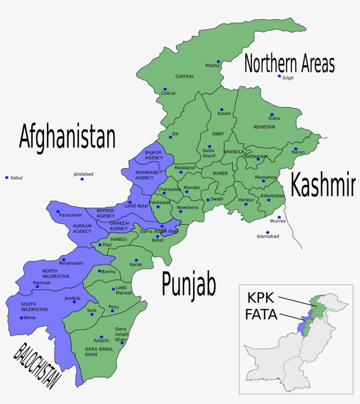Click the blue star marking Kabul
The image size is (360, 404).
(x=7, y=177)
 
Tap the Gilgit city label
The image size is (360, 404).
(x=288, y=78)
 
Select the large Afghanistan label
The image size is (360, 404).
(x=67, y=137)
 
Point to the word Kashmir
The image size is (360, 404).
(x=322, y=185)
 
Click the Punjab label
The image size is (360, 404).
(x=189, y=284)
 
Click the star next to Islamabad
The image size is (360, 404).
(x=267, y=232)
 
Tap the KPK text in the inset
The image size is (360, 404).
(x=260, y=298)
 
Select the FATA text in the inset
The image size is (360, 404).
(x=261, y=315)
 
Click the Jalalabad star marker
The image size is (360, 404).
(x=82, y=179)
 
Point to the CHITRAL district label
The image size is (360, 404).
(x=185, y=76)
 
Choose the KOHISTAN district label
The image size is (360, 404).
(x=264, y=127)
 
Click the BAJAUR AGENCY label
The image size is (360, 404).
(x=154, y=155)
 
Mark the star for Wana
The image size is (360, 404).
(x=21, y=318)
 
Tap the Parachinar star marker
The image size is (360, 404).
(x=58, y=211)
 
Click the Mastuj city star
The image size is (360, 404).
(x=218, y=62)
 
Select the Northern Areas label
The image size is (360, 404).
(x=289, y=64)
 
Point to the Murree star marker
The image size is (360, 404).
(x=279, y=217)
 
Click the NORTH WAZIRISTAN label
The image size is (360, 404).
(x=56, y=274)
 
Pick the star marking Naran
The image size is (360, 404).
(x=296, y=149)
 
